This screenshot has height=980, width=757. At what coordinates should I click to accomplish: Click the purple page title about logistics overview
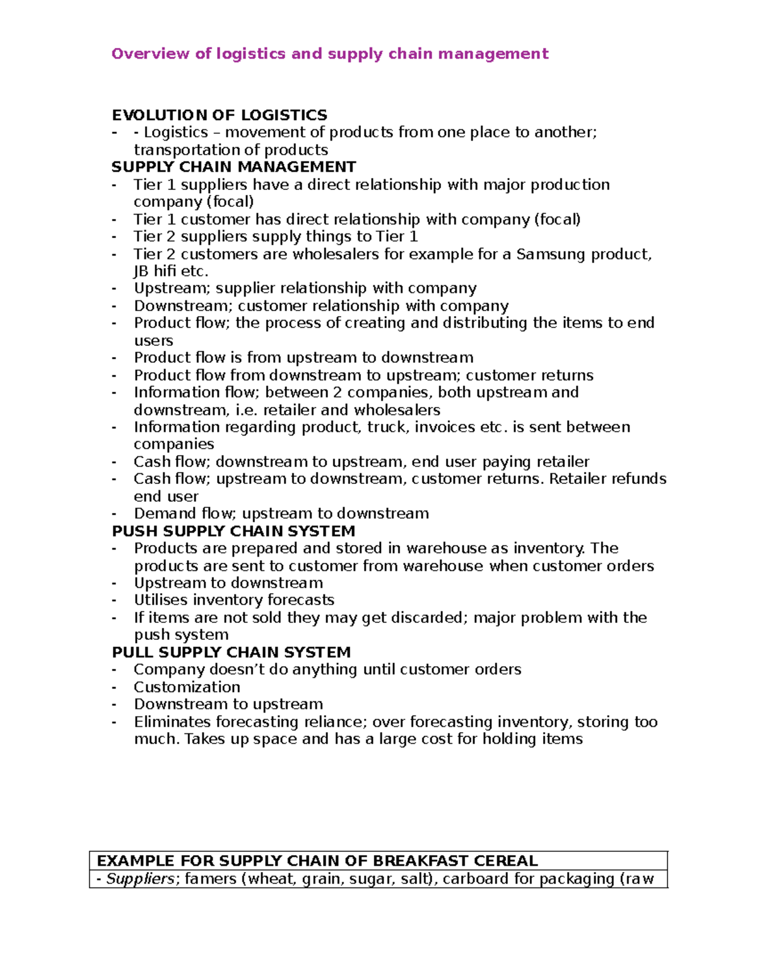[329, 54]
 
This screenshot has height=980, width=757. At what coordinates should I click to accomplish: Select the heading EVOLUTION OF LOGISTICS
[219, 115]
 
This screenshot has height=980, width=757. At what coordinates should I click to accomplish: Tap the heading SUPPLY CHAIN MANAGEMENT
[233, 167]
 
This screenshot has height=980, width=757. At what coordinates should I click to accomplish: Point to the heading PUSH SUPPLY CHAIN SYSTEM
[233, 531]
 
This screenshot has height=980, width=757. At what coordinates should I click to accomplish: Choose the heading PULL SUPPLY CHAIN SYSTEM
[231, 652]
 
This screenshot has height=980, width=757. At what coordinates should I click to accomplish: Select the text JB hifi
[155, 271]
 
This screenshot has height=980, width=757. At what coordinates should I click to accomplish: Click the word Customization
[187, 687]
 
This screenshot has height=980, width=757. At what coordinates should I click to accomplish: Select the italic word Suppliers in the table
[140, 878]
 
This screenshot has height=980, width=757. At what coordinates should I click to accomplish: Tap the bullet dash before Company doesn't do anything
[114, 670]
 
